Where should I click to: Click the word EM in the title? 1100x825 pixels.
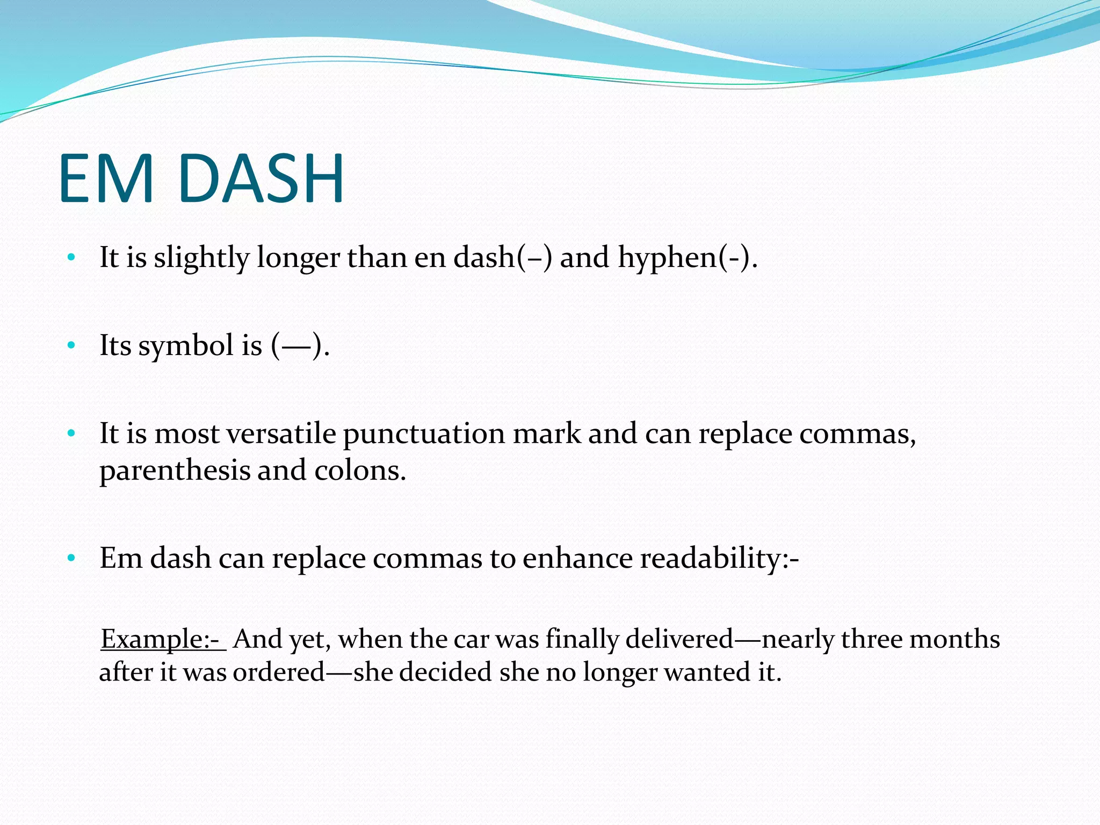click(106, 179)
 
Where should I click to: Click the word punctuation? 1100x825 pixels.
click(424, 435)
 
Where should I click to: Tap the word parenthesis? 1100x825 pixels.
click(175, 471)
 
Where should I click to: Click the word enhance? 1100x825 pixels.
click(577, 559)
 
